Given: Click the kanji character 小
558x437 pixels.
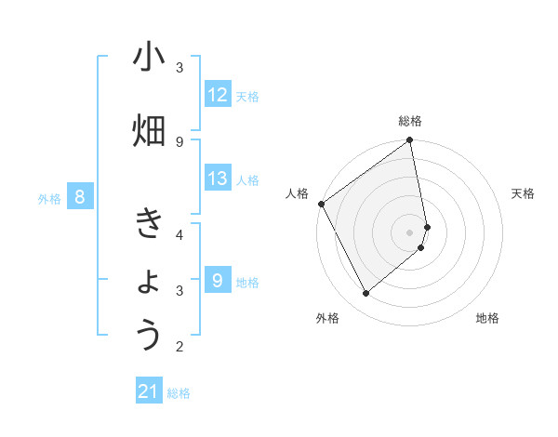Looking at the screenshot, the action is pos(149,59).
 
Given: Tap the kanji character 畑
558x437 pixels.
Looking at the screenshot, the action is pos(149,131).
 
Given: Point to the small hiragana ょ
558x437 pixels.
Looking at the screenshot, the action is pos(150,282).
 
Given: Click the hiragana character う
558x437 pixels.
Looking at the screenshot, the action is pos(149,335).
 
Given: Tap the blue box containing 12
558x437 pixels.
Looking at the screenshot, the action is pos(218,95).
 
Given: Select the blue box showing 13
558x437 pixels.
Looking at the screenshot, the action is pos(218,179).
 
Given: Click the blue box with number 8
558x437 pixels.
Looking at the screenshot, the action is pos(81,196).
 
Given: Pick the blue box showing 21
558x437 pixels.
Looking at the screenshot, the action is pos(149,392).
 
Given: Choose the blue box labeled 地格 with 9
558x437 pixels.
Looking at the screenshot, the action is pos(218,280).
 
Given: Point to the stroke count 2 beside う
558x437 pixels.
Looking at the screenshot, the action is pos(180,347).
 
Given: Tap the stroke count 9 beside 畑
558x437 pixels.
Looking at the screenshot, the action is pos(180,141).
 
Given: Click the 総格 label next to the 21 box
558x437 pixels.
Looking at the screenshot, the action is pos(179,393).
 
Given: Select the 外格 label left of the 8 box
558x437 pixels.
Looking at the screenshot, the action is pos(48,198).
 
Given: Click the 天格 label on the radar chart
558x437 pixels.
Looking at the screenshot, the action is pos(524,193).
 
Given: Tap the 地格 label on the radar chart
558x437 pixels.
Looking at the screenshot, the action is pos(487,318).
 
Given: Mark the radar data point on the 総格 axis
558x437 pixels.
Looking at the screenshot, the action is pos(410,141).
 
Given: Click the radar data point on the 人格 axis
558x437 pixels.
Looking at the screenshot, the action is pos(322,204).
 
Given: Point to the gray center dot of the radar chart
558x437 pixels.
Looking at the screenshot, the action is pos(410,232).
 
